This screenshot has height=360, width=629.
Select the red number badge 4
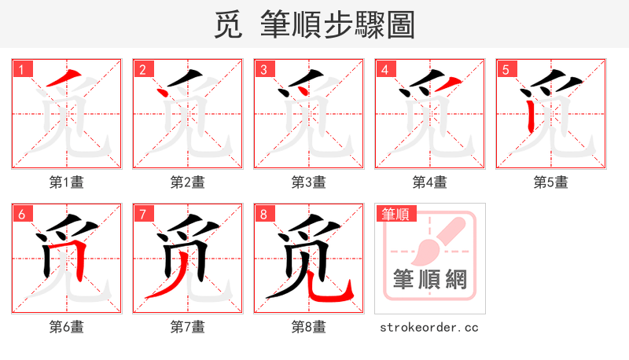[384, 69]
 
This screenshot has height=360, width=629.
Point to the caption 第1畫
[66, 182]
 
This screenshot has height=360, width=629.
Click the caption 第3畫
[308, 182]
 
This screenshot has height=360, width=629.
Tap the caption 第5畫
[550, 182]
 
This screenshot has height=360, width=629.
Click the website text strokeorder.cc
[429, 327]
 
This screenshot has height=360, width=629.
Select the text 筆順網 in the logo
[429, 279]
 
